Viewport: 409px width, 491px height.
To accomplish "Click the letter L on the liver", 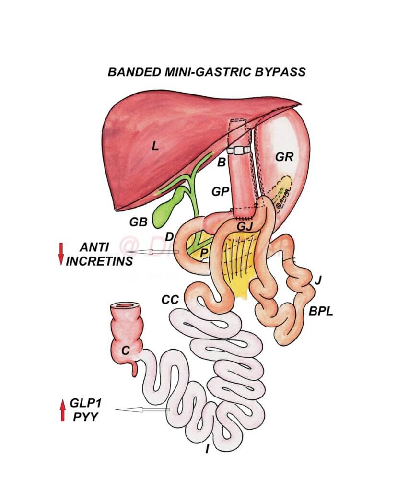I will pos(155,147).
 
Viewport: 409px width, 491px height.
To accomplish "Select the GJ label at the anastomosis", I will pos(245,224).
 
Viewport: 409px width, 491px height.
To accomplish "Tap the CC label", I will pos(170,300).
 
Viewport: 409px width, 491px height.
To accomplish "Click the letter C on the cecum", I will pos(125,351).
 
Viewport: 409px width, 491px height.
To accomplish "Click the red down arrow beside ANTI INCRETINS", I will pos(61,254).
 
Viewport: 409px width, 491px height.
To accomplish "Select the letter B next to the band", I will pos(221,163).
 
